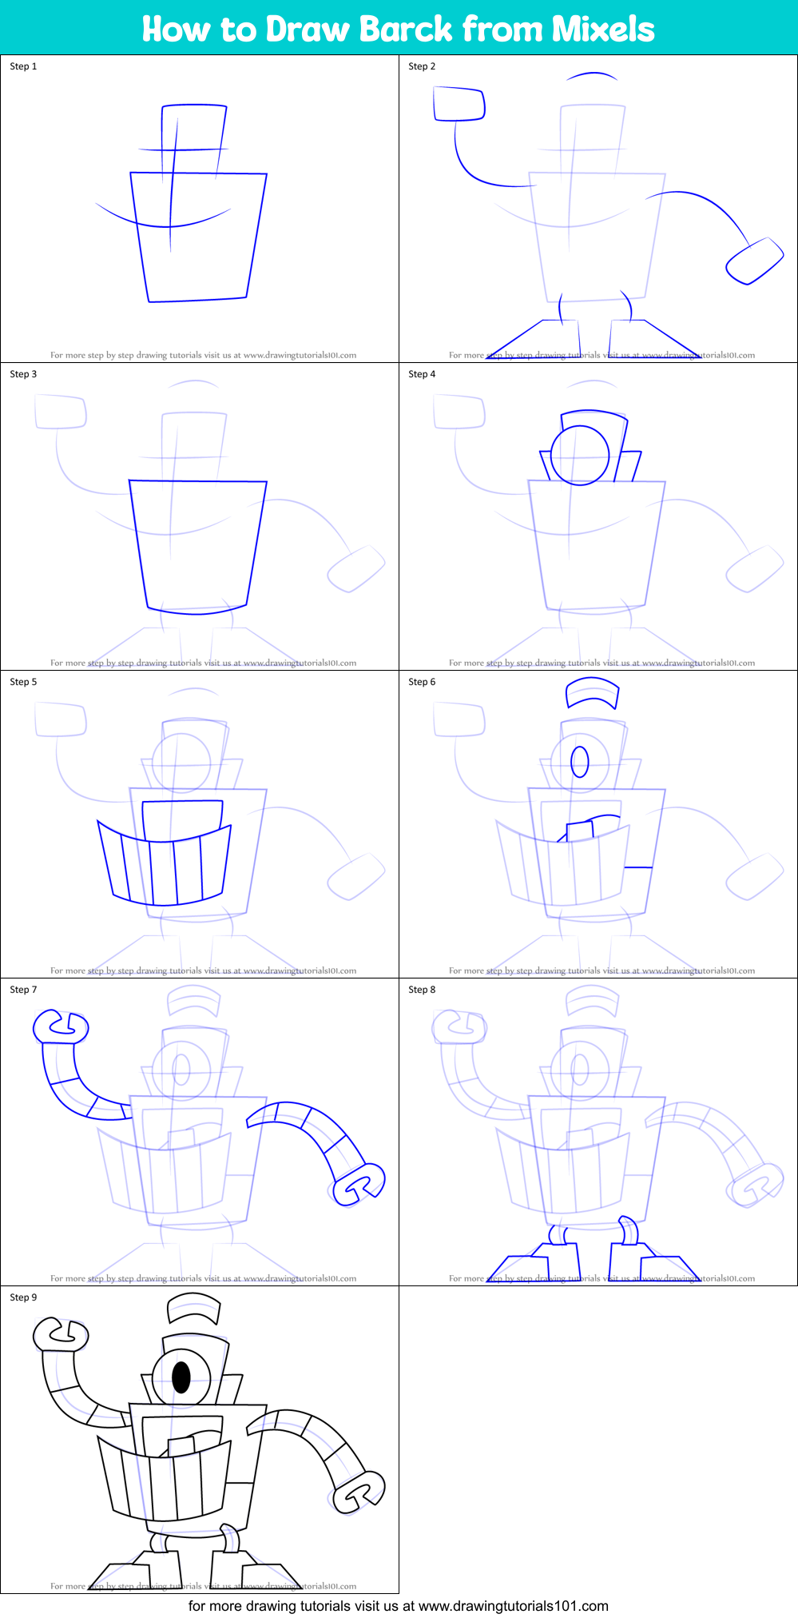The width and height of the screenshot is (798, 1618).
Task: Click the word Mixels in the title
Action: pyautogui.click(x=603, y=29)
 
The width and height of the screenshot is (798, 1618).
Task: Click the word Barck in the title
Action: pyautogui.click(x=405, y=29)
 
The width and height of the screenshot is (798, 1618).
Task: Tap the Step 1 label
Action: pyautogui.click(x=23, y=66)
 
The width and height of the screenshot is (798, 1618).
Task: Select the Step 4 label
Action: pyautogui.click(x=422, y=374)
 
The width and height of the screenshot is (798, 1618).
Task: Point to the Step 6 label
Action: pyautogui.click(x=422, y=682)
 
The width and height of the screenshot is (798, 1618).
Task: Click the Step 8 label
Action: pyautogui.click(x=422, y=990)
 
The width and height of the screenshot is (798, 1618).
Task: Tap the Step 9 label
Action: pyautogui.click(x=23, y=1297)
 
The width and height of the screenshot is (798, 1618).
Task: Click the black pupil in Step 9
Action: pyautogui.click(x=181, y=1377)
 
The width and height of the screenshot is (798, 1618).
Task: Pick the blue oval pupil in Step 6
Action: pyautogui.click(x=580, y=762)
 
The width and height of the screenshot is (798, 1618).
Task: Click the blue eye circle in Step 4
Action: pyautogui.click(x=580, y=456)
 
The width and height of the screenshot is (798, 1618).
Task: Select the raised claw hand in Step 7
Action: pyautogui.click(x=60, y=1027)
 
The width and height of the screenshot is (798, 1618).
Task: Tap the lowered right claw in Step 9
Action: pyautogui.click(x=359, y=1491)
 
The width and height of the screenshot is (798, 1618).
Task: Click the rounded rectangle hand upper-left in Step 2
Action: pyautogui.click(x=459, y=104)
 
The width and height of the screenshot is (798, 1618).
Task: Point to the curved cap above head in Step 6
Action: pyautogui.click(x=592, y=693)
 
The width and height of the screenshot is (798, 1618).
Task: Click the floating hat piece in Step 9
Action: pyautogui.click(x=193, y=1309)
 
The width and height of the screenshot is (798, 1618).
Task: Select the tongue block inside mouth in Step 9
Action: pyautogui.click(x=181, y=1446)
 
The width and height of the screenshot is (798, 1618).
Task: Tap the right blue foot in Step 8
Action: pyautogui.click(x=651, y=1264)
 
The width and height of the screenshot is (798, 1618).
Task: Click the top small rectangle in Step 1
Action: pyautogui.click(x=194, y=128)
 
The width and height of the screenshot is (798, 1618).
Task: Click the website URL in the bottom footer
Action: pyautogui.click(x=513, y=1605)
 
